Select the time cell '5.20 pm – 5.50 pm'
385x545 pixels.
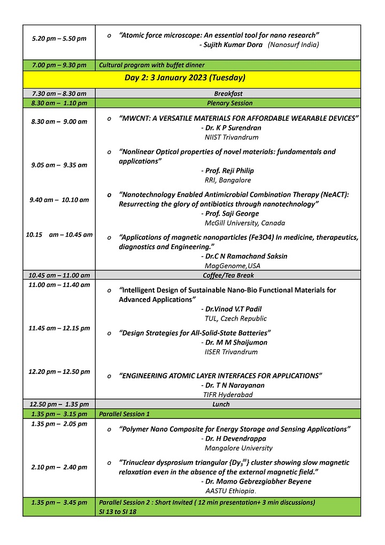[59, 38]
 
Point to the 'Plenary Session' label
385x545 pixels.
[230, 103]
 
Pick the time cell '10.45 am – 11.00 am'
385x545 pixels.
[59, 275]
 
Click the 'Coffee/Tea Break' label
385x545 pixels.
[228, 275]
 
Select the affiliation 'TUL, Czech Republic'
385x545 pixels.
[236, 318]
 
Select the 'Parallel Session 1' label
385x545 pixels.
[125, 414]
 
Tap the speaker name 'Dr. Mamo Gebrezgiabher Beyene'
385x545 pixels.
[259, 481]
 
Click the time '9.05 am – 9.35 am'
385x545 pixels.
[59, 165]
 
